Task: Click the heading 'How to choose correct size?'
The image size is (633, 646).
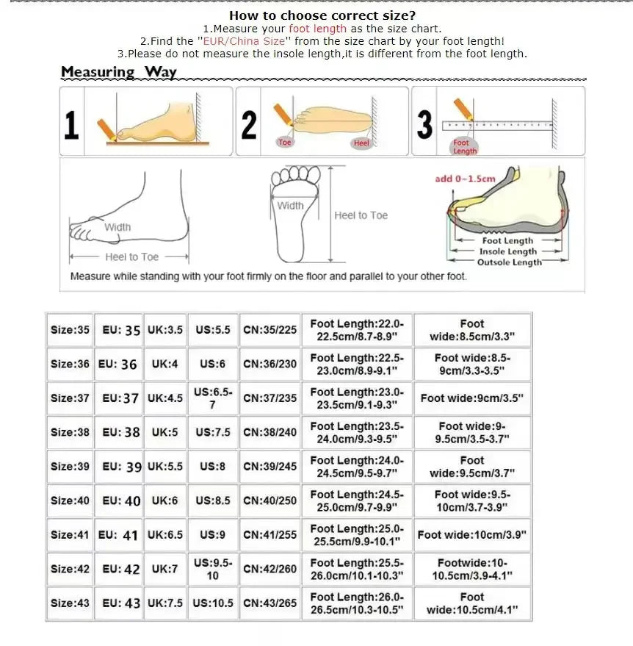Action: [x=322, y=15]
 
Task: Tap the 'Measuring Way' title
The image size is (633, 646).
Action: [x=118, y=72]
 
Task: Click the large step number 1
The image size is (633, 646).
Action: [x=71, y=125]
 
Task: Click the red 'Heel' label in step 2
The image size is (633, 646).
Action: [x=361, y=143]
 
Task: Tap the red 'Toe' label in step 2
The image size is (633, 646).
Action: [x=285, y=143]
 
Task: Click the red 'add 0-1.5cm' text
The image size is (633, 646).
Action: [x=465, y=179]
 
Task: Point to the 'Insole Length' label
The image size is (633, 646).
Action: [x=508, y=251]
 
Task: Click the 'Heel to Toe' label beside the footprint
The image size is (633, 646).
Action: [x=361, y=215]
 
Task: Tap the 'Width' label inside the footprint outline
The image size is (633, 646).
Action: [x=290, y=206]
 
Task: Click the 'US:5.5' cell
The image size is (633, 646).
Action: [x=212, y=330]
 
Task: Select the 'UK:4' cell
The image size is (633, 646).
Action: [x=164, y=364]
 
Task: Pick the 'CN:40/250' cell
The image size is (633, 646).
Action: [x=270, y=500]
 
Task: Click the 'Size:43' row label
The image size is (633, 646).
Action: [x=70, y=603]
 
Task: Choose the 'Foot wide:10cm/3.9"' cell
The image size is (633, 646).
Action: [x=472, y=535]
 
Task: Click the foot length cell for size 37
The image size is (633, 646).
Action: [x=357, y=398]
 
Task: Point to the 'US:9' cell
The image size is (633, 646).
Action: [x=212, y=535]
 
